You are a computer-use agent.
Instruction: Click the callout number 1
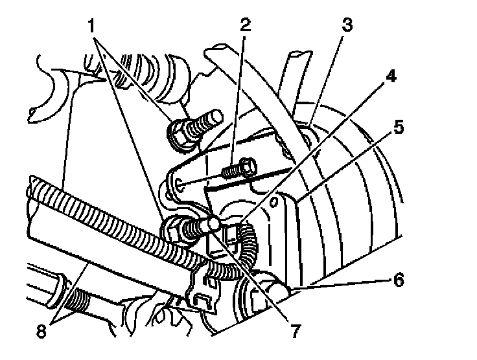(x=95, y=27)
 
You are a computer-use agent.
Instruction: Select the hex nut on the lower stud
(x=174, y=228)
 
